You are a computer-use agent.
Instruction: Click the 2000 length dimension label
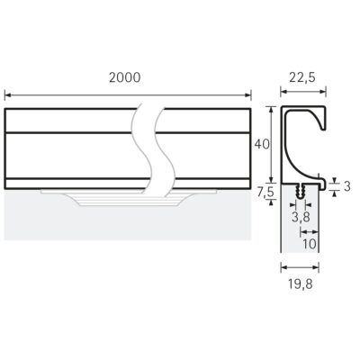click(124, 77)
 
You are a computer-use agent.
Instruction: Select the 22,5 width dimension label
click(302, 77)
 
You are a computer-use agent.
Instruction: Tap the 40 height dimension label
click(262, 145)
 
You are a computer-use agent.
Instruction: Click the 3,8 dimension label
click(301, 217)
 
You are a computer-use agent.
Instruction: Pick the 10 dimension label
click(310, 244)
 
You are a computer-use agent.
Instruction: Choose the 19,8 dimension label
click(301, 284)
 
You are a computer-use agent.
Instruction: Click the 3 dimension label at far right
click(347, 186)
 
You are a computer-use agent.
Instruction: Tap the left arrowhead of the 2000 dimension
click(8, 95)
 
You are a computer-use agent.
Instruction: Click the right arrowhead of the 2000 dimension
click(247, 95)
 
